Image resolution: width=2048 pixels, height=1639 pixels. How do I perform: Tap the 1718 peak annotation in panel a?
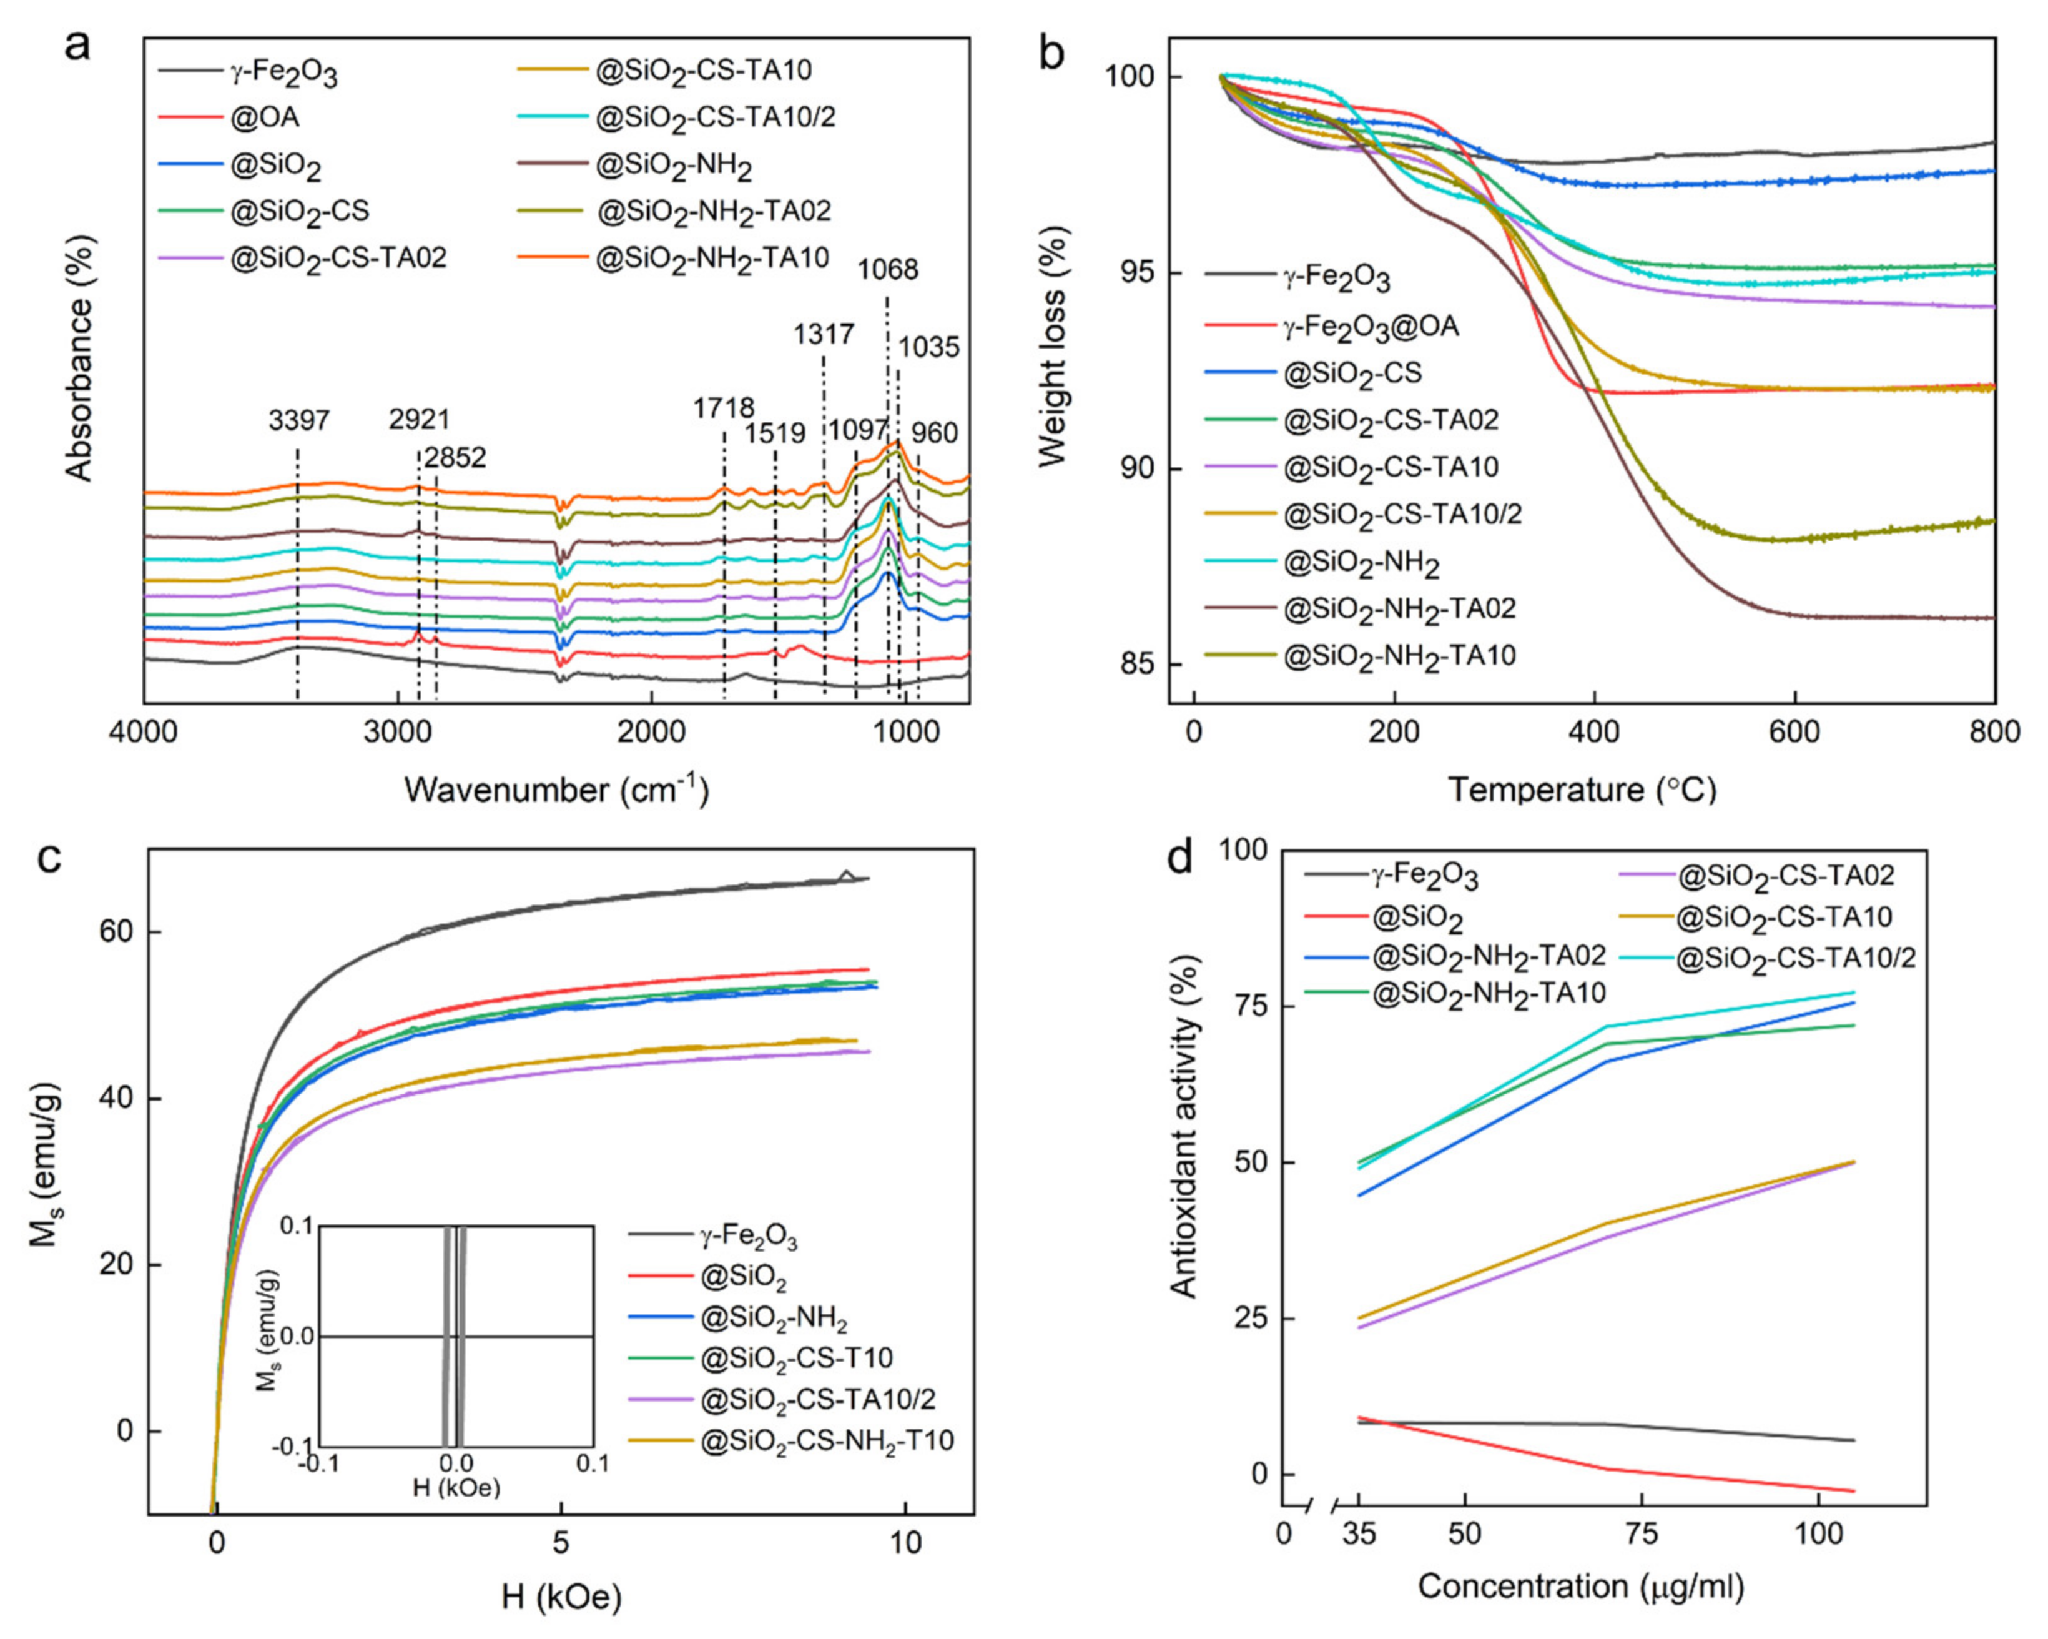(723, 409)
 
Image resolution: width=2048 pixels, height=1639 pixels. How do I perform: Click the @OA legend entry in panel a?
(265, 119)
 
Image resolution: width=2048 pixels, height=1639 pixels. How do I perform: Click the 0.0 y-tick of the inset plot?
(297, 1337)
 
